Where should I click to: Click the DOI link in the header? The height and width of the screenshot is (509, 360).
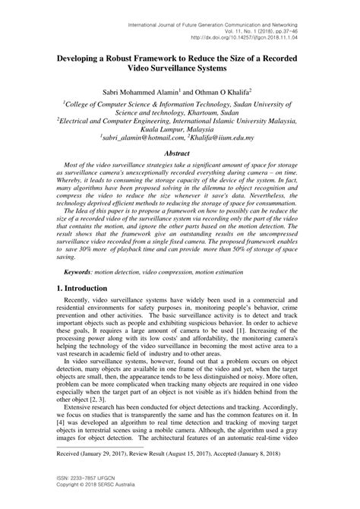pos(250,34)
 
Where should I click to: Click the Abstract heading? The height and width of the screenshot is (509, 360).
pos(179,154)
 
